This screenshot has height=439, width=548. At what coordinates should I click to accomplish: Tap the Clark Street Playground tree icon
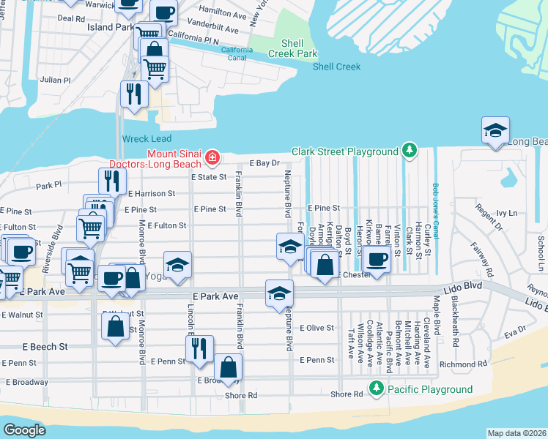(410, 151)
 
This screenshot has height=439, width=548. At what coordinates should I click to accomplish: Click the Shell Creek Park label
(292, 48)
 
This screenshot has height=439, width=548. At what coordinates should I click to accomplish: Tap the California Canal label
(237, 54)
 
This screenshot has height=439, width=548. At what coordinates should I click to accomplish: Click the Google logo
(24, 429)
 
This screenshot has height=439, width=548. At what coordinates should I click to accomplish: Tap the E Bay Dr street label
(265, 163)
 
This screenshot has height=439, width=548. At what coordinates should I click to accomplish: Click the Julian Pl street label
(56, 80)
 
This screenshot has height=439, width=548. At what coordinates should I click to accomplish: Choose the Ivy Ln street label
(507, 214)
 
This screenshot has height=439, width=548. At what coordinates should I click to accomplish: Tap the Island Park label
(111, 27)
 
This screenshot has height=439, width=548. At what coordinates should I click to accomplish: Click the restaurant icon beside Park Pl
(111, 180)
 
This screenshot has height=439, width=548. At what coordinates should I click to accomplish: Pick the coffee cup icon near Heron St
(377, 258)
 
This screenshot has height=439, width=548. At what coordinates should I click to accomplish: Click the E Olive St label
(316, 328)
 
